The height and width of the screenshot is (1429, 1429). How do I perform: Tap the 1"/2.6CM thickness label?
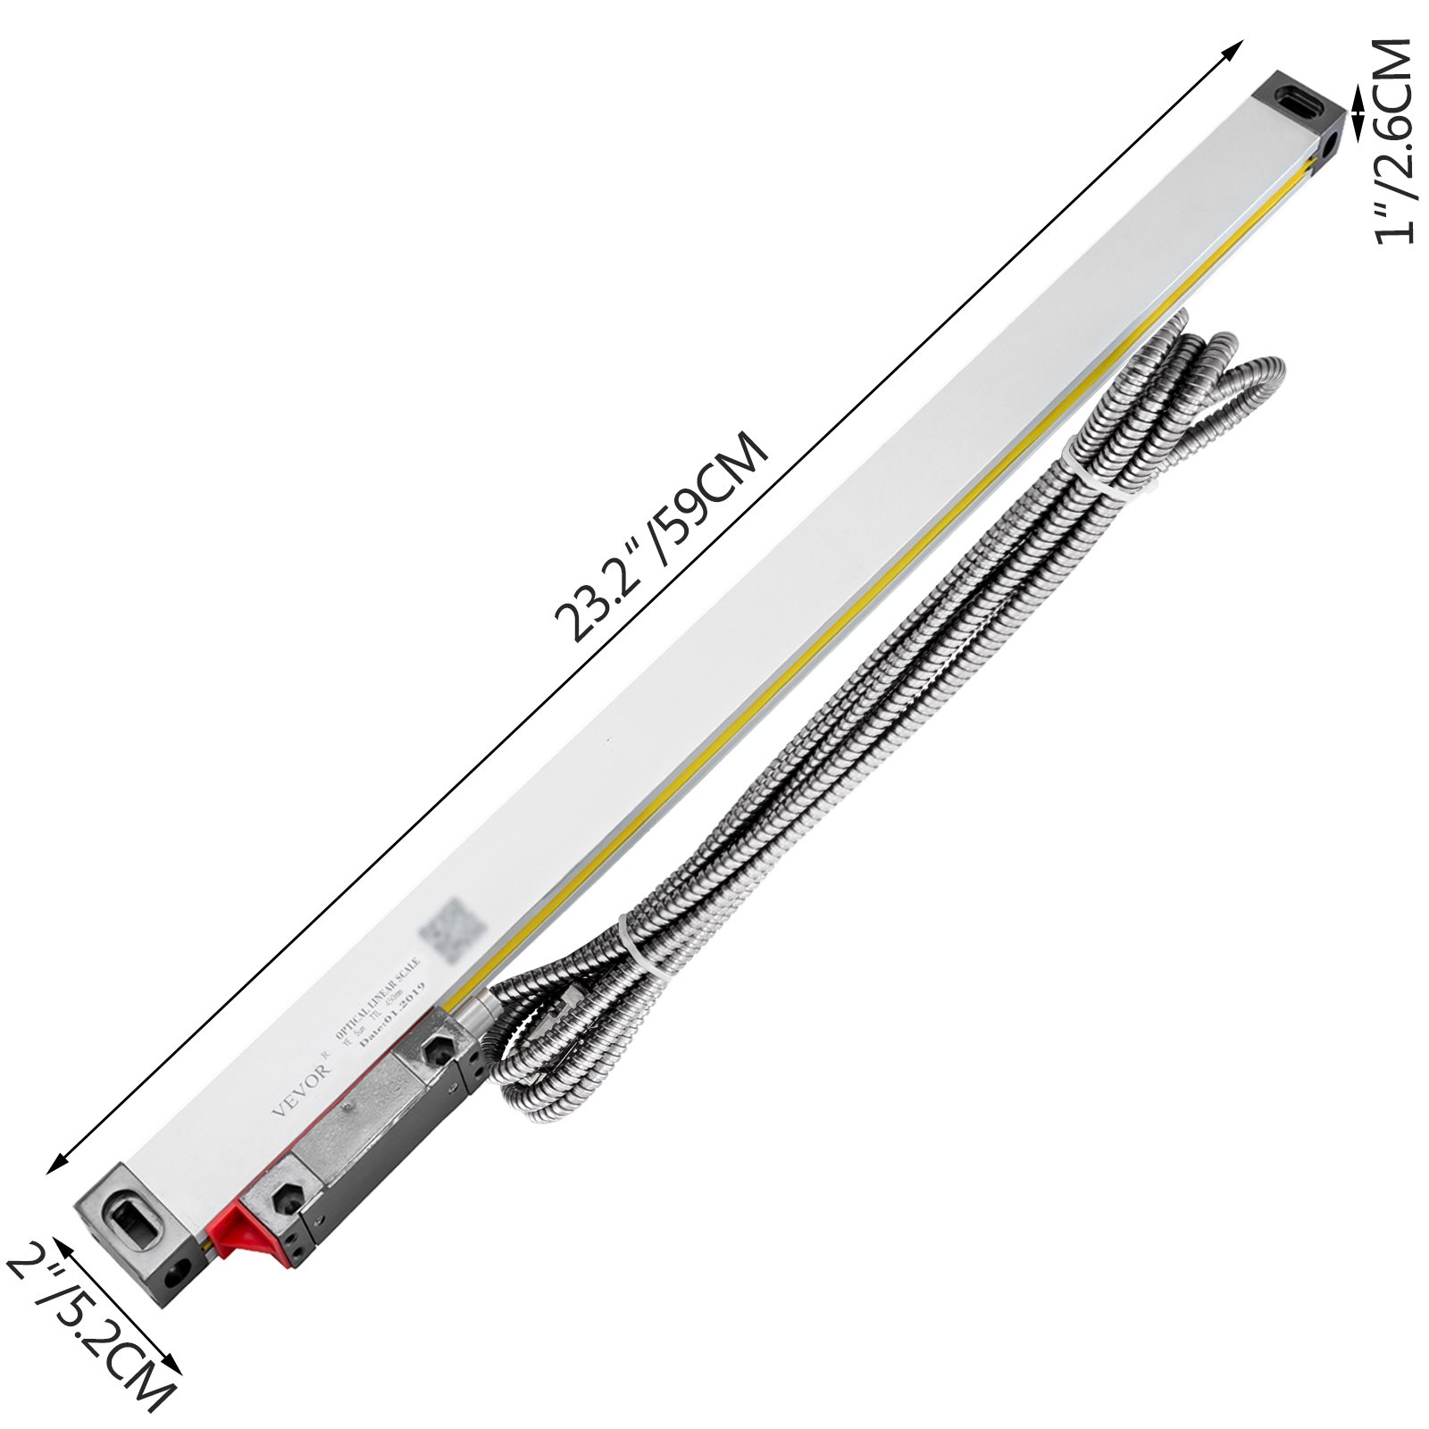pos(1393,141)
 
